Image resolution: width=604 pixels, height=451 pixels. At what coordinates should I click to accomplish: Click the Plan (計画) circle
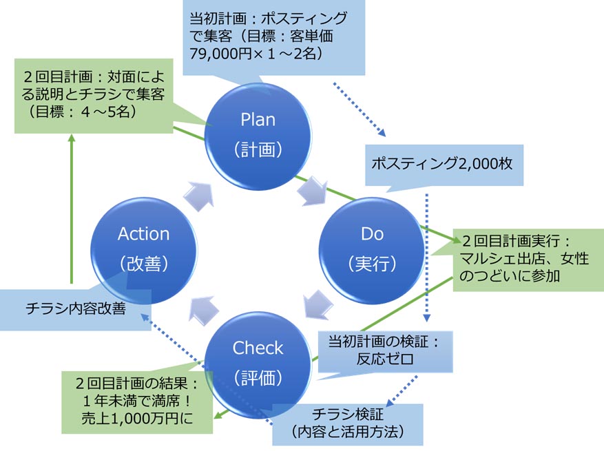coord(258,134)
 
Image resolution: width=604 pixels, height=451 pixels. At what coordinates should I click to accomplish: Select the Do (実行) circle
coord(371,248)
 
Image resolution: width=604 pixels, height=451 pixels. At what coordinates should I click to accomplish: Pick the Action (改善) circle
coord(144,248)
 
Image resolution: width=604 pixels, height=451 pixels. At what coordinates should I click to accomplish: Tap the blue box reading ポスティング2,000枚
coord(444,164)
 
